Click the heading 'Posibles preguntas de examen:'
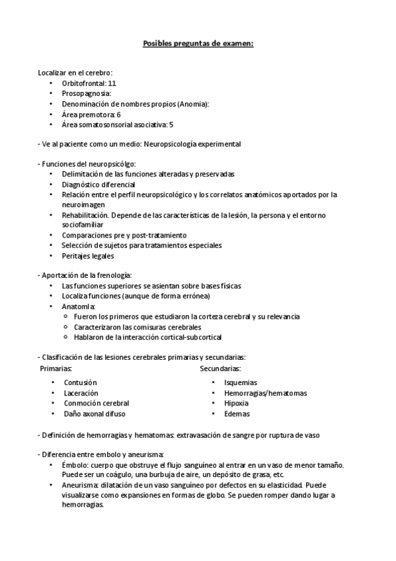point(198,44)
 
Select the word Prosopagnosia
point(86,94)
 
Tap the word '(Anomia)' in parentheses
point(191,104)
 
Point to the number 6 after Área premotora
point(119,114)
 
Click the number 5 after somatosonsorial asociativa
point(171,124)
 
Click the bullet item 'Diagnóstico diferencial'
point(99,184)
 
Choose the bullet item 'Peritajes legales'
point(88,255)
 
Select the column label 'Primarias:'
point(56,368)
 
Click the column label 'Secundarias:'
point(220,368)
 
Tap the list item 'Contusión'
point(81,382)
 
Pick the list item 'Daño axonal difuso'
point(94,413)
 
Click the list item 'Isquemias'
point(241,382)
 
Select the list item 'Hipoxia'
point(237,403)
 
